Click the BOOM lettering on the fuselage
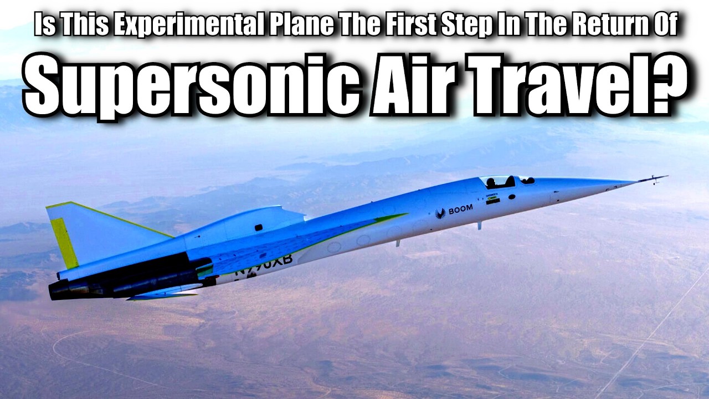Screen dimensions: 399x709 click(461, 209)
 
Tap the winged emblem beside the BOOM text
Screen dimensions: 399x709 click(441, 213)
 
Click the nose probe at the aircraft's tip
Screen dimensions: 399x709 click(654, 178)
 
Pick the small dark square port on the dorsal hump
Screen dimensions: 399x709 click(259, 227)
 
